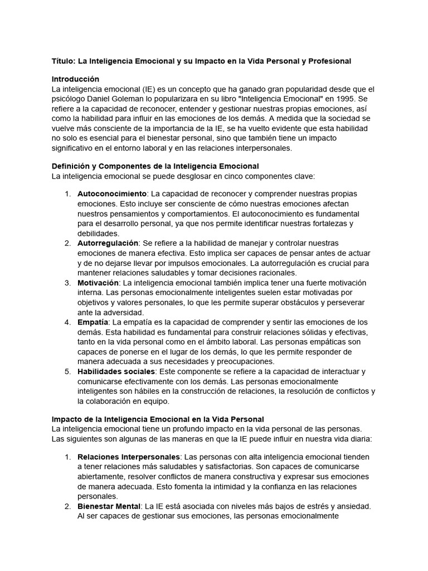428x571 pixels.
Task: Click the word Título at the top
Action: pyautogui.click(x=62, y=61)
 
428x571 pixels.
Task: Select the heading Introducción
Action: pyautogui.click(x=75, y=79)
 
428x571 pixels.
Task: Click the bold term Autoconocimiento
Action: pyautogui.click(x=111, y=193)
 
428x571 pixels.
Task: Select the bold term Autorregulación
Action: pyautogui.click(x=108, y=243)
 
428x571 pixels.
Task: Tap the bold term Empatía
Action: pyautogui.click(x=93, y=322)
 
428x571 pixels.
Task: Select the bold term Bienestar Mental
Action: pyautogui.click(x=109, y=506)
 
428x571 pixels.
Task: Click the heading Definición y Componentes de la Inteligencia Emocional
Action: pyautogui.click(x=155, y=166)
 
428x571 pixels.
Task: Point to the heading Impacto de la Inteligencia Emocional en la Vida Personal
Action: pyautogui.click(x=158, y=419)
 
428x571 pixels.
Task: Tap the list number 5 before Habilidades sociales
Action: pyautogui.click(x=67, y=371)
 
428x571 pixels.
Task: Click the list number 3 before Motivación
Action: pyautogui.click(x=67, y=283)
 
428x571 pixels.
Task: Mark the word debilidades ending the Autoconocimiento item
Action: pyautogui.click(x=98, y=233)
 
